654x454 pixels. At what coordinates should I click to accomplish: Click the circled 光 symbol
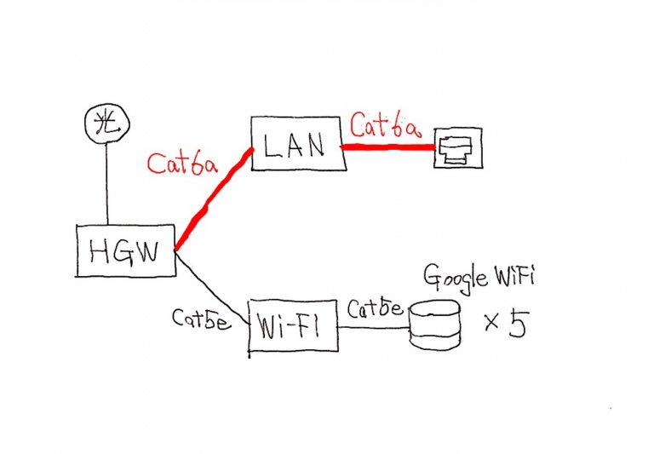click(x=106, y=124)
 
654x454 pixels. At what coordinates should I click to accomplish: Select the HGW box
click(x=124, y=251)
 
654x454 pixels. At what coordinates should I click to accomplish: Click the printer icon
click(x=458, y=148)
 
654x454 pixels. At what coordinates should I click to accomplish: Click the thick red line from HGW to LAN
click(x=213, y=200)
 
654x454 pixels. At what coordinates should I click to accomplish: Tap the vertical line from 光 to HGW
click(x=107, y=183)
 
